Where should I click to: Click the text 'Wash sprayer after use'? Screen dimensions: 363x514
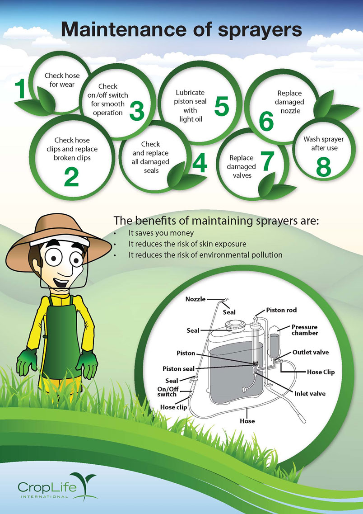323,144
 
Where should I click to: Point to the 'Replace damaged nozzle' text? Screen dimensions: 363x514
290,102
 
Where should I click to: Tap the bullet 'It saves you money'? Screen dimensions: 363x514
161,233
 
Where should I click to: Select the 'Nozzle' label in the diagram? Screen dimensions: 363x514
195,299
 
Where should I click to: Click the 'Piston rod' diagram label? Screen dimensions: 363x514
281,310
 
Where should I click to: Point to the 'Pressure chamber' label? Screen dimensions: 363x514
304,330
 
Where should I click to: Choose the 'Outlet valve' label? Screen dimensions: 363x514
310,353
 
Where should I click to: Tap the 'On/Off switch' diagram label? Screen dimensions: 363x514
167,391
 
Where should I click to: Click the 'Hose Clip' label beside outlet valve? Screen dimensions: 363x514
321,372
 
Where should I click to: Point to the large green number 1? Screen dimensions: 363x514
21,89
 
